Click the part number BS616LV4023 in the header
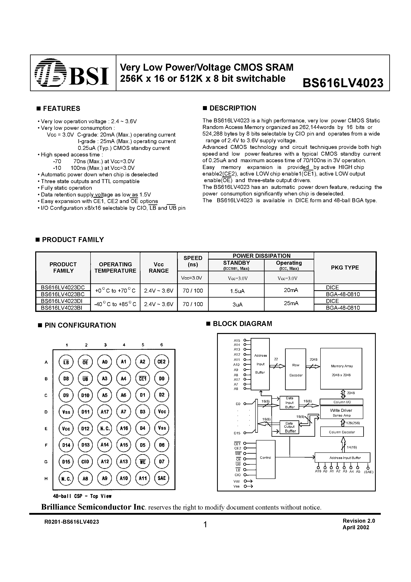point(343,83)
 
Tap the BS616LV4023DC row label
point(63,287)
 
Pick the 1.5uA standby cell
point(237,291)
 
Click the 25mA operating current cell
point(291,303)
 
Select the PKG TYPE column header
point(345,268)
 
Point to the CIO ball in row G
point(85,462)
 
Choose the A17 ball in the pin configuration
point(105,412)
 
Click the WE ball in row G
point(143,462)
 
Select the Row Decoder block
point(295,370)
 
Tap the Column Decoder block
point(342,432)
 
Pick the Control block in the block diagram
point(266,458)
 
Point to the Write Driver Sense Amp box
point(341,412)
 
